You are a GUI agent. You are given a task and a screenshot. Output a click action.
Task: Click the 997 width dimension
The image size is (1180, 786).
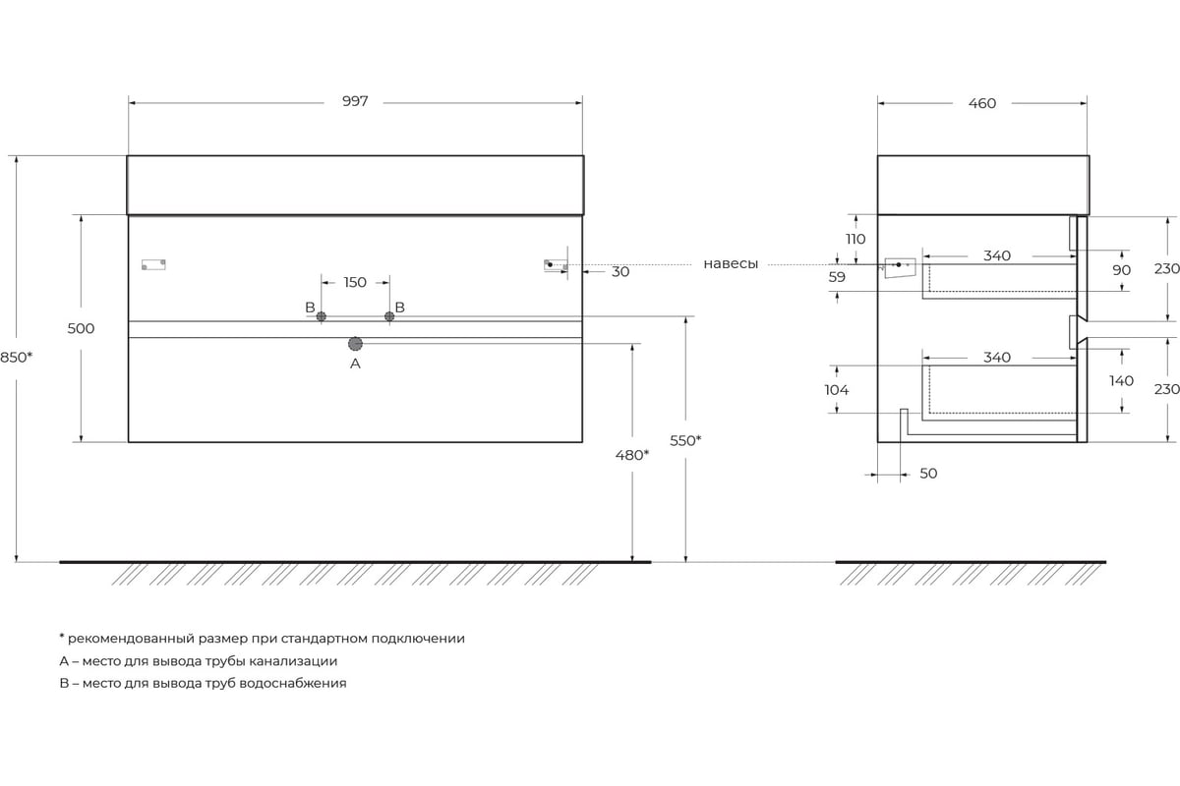pyautogui.click(x=355, y=101)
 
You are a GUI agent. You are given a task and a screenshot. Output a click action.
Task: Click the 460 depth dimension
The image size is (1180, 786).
pyautogui.click(x=982, y=104)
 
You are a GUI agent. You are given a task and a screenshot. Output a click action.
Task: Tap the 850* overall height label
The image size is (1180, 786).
pyautogui.click(x=17, y=358)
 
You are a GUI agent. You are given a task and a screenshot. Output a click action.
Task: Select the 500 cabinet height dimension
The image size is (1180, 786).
pyautogui.click(x=81, y=328)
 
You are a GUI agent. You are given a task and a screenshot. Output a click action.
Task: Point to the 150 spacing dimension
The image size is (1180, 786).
pyautogui.click(x=355, y=283)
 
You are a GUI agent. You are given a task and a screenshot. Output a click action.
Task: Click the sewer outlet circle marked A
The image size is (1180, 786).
pyautogui.click(x=355, y=344)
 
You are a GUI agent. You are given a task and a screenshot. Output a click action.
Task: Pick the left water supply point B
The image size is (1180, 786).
pyautogui.click(x=321, y=316)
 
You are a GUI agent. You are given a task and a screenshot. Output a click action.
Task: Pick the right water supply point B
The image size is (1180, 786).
pyautogui.click(x=389, y=316)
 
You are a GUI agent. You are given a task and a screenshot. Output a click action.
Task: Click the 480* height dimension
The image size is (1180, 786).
pyautogui.click(x=632, y=455)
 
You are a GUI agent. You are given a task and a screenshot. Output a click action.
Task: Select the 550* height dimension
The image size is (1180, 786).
pyautogui.click(x=685, y=440)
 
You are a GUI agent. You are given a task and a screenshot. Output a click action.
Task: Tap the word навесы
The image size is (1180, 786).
pyautogui.click(x=731, y=264)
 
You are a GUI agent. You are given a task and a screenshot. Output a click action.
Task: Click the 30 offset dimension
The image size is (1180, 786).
pyautogui.click(x=620, y=272)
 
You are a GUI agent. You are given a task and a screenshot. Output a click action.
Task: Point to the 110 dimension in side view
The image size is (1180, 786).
pyautogui.click(x=855, y=240)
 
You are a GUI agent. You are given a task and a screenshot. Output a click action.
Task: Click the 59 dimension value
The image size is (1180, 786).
pyautogui.click(x=837, y=277)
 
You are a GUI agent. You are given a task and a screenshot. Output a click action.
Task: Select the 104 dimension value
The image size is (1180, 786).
pyautogui.click(x=837, y=390)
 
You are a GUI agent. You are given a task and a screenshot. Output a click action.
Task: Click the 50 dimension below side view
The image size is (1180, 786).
pyautogui.click(x=928, y=474)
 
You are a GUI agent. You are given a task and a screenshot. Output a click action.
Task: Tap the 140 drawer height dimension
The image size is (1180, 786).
pyautogui.click(x=1121, y=381)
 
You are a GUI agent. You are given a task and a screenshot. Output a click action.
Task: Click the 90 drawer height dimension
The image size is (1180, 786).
pyautogui.click(x=1122, y=270)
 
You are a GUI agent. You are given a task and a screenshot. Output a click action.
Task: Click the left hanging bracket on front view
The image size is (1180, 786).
pyautogui.click(x=153, y=265)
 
